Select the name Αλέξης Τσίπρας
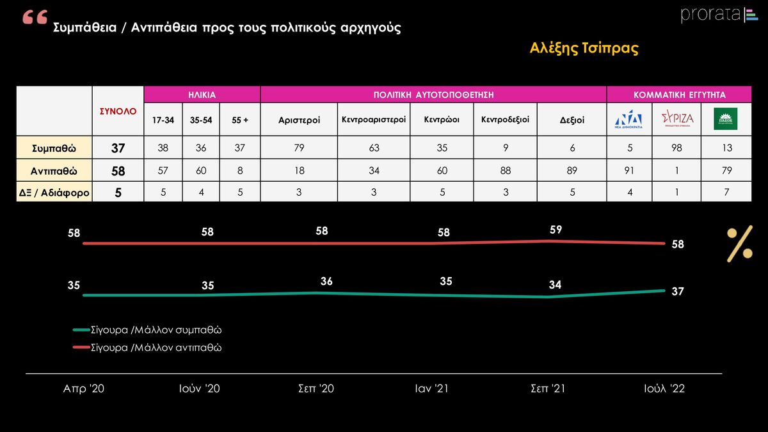point(584,49)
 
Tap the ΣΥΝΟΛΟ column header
point(118,111)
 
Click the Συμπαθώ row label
point(54,148)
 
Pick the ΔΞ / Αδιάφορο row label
point(54,191)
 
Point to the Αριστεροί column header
point(299,119)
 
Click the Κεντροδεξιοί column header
point(505,119)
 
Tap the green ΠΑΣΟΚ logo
point(725,119)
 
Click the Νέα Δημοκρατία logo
point(629,119)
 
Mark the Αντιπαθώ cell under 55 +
point(240,170)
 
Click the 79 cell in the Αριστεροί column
point(299,148)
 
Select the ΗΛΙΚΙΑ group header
point(202,94)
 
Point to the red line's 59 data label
point(556,230)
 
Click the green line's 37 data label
point(678,291)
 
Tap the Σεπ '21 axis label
point(548,388)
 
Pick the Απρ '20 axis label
point(83,388)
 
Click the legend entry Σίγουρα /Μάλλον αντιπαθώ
point(151,348)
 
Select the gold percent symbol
point(739,244)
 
